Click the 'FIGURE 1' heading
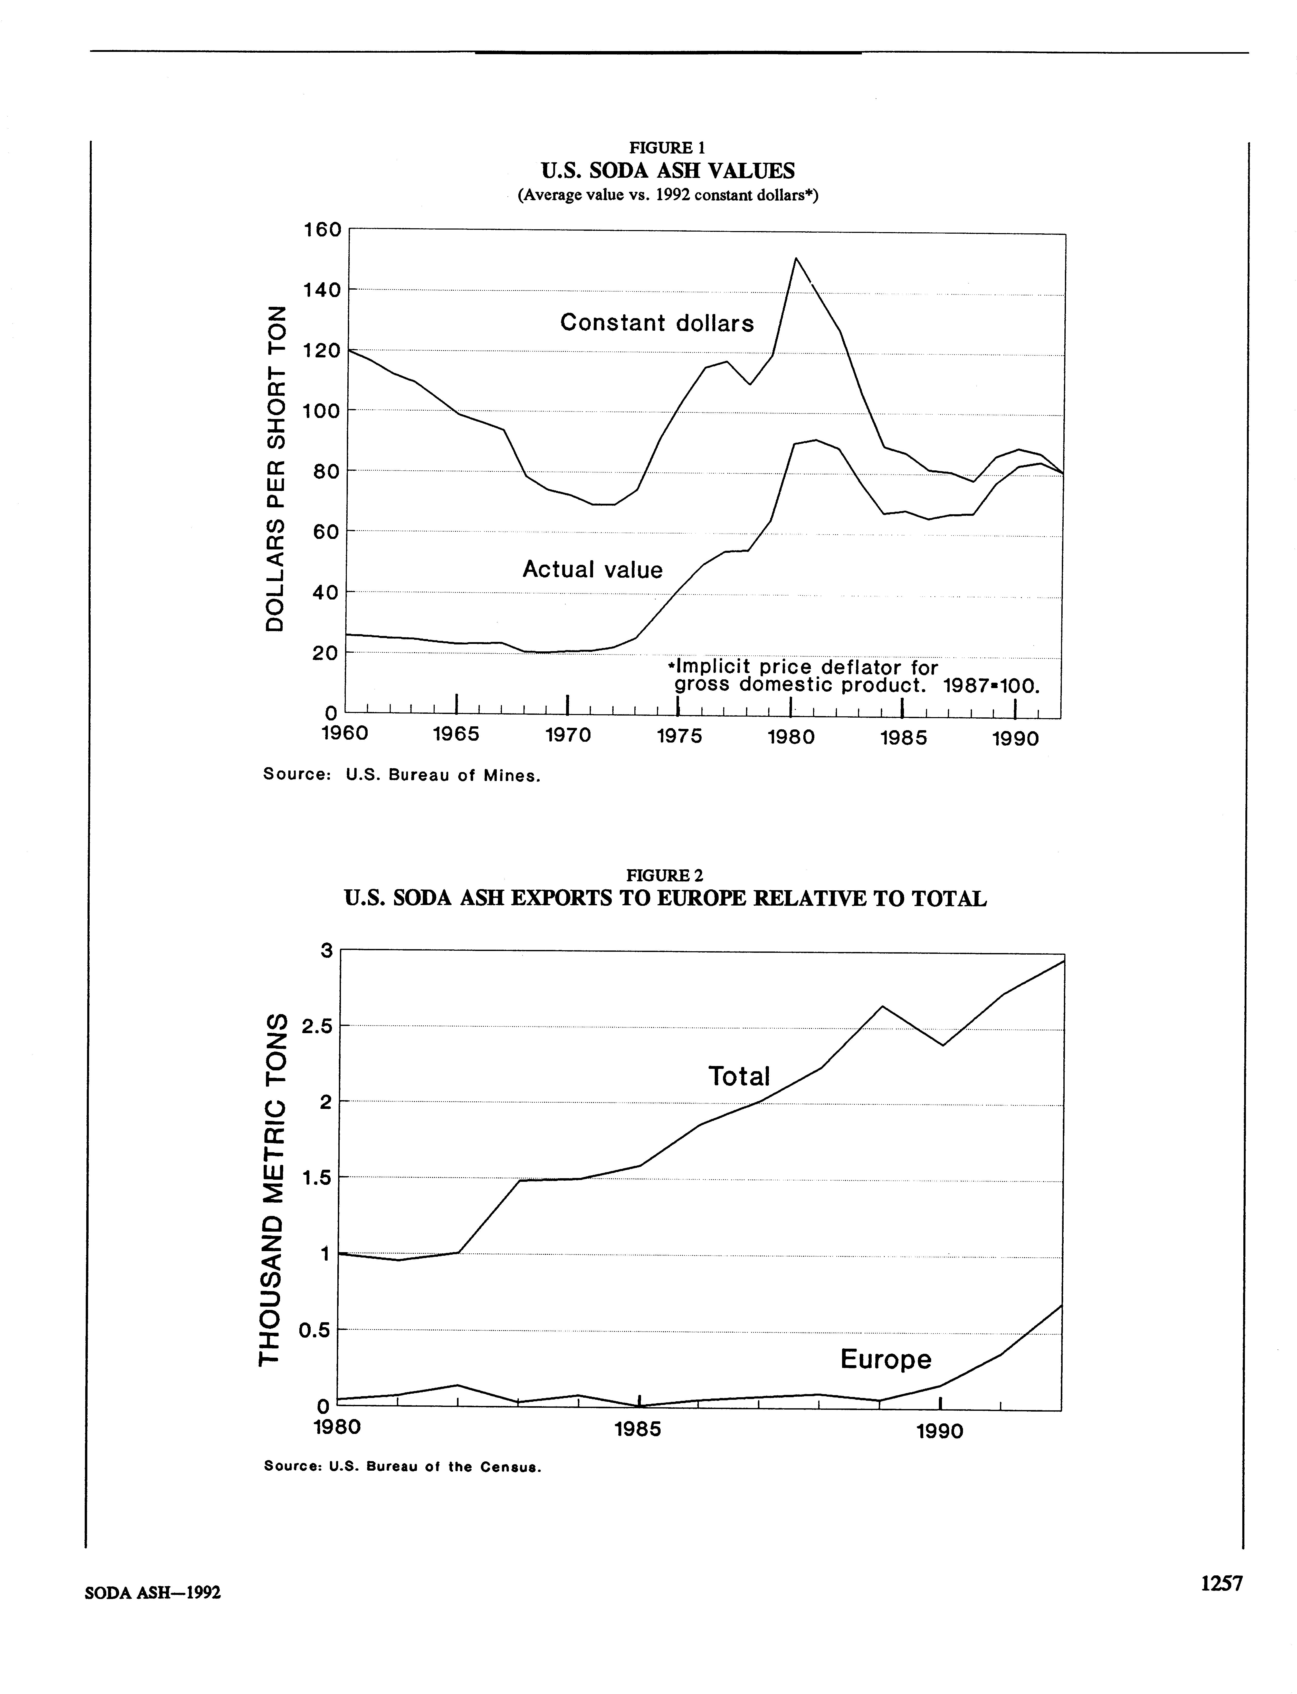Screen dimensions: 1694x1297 point(667,147)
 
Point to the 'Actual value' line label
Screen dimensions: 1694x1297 point(592,570)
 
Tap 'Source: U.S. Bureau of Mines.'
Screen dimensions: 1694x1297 point(402,775)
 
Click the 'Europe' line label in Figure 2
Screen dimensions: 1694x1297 point(885,1359)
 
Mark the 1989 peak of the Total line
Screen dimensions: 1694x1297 point(882,1007)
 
